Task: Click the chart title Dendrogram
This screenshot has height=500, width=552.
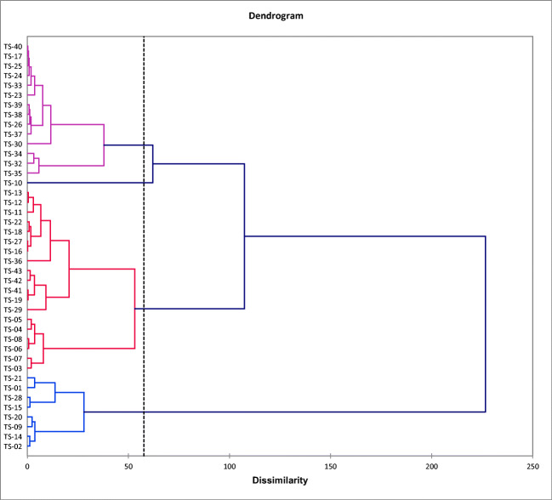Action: click(x=276, y=15)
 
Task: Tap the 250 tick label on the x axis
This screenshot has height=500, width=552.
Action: click(x=532, y=466)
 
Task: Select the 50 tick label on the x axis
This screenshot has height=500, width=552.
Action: click(x=128, y=466)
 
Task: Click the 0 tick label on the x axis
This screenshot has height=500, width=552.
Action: click(x=27, y=466)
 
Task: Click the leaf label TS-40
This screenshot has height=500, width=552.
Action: click(x=13, y=47)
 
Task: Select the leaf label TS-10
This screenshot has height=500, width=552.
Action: click(x=13, y=183)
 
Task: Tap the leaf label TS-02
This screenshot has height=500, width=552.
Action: click(x=13, y=446)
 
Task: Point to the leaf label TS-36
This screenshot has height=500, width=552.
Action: click(x=13, y=261)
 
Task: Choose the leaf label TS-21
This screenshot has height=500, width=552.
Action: click(x=13, y=378)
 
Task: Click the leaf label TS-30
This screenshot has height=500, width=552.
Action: click(x=13, y=144)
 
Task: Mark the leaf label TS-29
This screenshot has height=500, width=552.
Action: click(x=13, y=310)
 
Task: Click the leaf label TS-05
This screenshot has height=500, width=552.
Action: click(x=13, y=320)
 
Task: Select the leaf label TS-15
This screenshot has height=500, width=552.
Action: click(x=13, y=407)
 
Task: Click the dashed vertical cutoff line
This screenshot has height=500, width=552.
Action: click(x=144, y=255)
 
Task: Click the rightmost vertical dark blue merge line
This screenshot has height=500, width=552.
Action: click(x=485, y=323)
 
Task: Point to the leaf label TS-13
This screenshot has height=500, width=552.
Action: click(x=13, y=193)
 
